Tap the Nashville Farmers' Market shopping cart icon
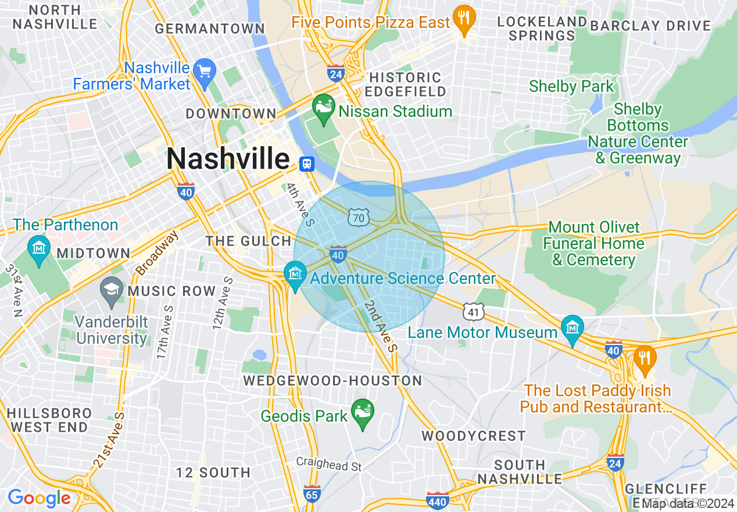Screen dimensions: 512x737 pos(204,72)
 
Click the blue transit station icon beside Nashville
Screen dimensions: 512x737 pos(306,164)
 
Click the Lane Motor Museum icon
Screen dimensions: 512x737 pos(573,329)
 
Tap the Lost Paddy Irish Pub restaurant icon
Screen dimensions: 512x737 pos(644,357)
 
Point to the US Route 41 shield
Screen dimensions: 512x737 pos(474,312)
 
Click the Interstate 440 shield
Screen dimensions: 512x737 pos(437,500)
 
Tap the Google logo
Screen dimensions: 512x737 pos(39,498)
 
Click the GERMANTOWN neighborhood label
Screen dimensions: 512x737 pos(210,29)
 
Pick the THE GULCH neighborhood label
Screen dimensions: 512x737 pos(248,241)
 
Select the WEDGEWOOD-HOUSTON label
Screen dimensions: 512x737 pos(332,381)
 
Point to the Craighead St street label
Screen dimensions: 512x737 pos(329,466)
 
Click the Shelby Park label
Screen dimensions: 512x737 pos(571,87)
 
